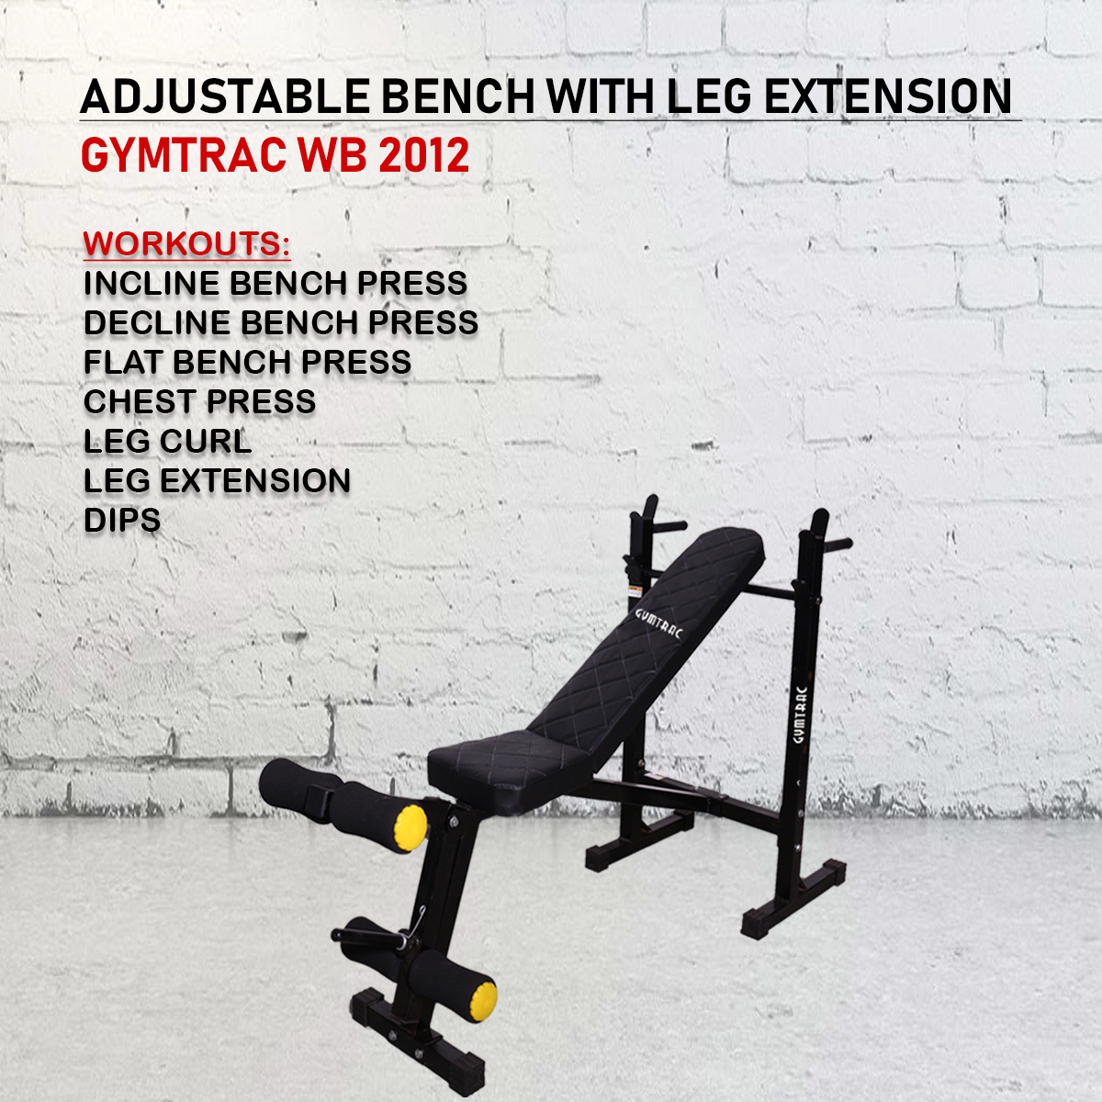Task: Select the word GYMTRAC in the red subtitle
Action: click(184, 154)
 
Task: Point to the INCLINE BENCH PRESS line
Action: click(275, 283)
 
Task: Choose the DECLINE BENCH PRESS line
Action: click(281, 322)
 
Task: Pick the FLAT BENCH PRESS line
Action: click(247, 362)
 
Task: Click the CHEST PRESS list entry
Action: click(199, 401)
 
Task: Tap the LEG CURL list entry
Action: click(167, 441)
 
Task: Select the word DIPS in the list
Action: click(122, 520)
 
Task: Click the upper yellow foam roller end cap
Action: click(411, 828)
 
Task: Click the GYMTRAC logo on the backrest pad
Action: click(659, 624)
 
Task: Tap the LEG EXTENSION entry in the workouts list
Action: click(217, 480)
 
